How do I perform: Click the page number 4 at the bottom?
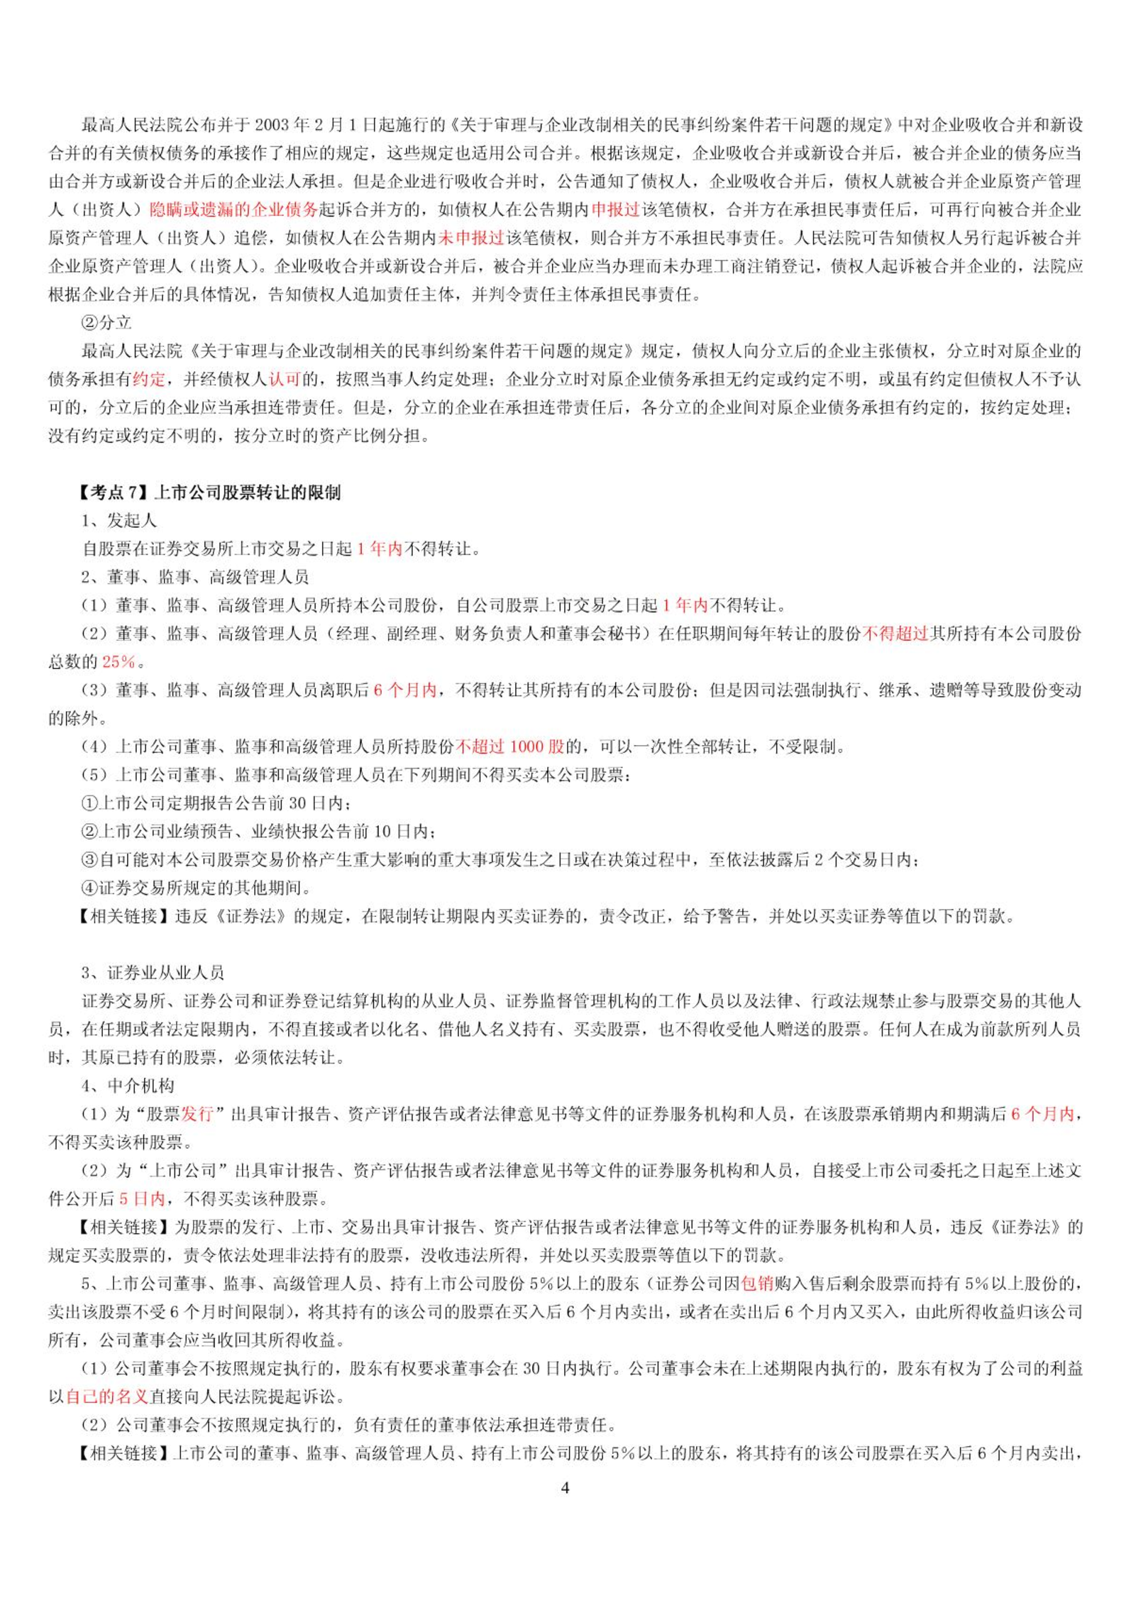tap(565, 1487)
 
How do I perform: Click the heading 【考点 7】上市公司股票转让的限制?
tap(210, 492)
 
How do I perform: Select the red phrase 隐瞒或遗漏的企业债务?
tap(234, 209)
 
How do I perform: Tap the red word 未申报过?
tap(471, 238)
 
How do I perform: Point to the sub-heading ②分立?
tap(107, 323)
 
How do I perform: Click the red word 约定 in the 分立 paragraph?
tap(149, 380)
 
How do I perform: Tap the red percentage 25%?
tap(118, 662)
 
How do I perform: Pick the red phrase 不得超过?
tap(895, 634)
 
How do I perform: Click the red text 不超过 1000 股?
tap(510, 746)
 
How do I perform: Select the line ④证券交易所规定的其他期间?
tap(197, 888)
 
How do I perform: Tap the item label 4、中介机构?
tap(128, 1086)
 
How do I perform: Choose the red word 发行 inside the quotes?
tap(197, 1114)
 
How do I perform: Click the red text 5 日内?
tap(142, 1198)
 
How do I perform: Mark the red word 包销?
tap(757, 1283)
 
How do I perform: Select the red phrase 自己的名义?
tap(107, 1396)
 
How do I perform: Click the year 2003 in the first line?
tap(272, 125)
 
